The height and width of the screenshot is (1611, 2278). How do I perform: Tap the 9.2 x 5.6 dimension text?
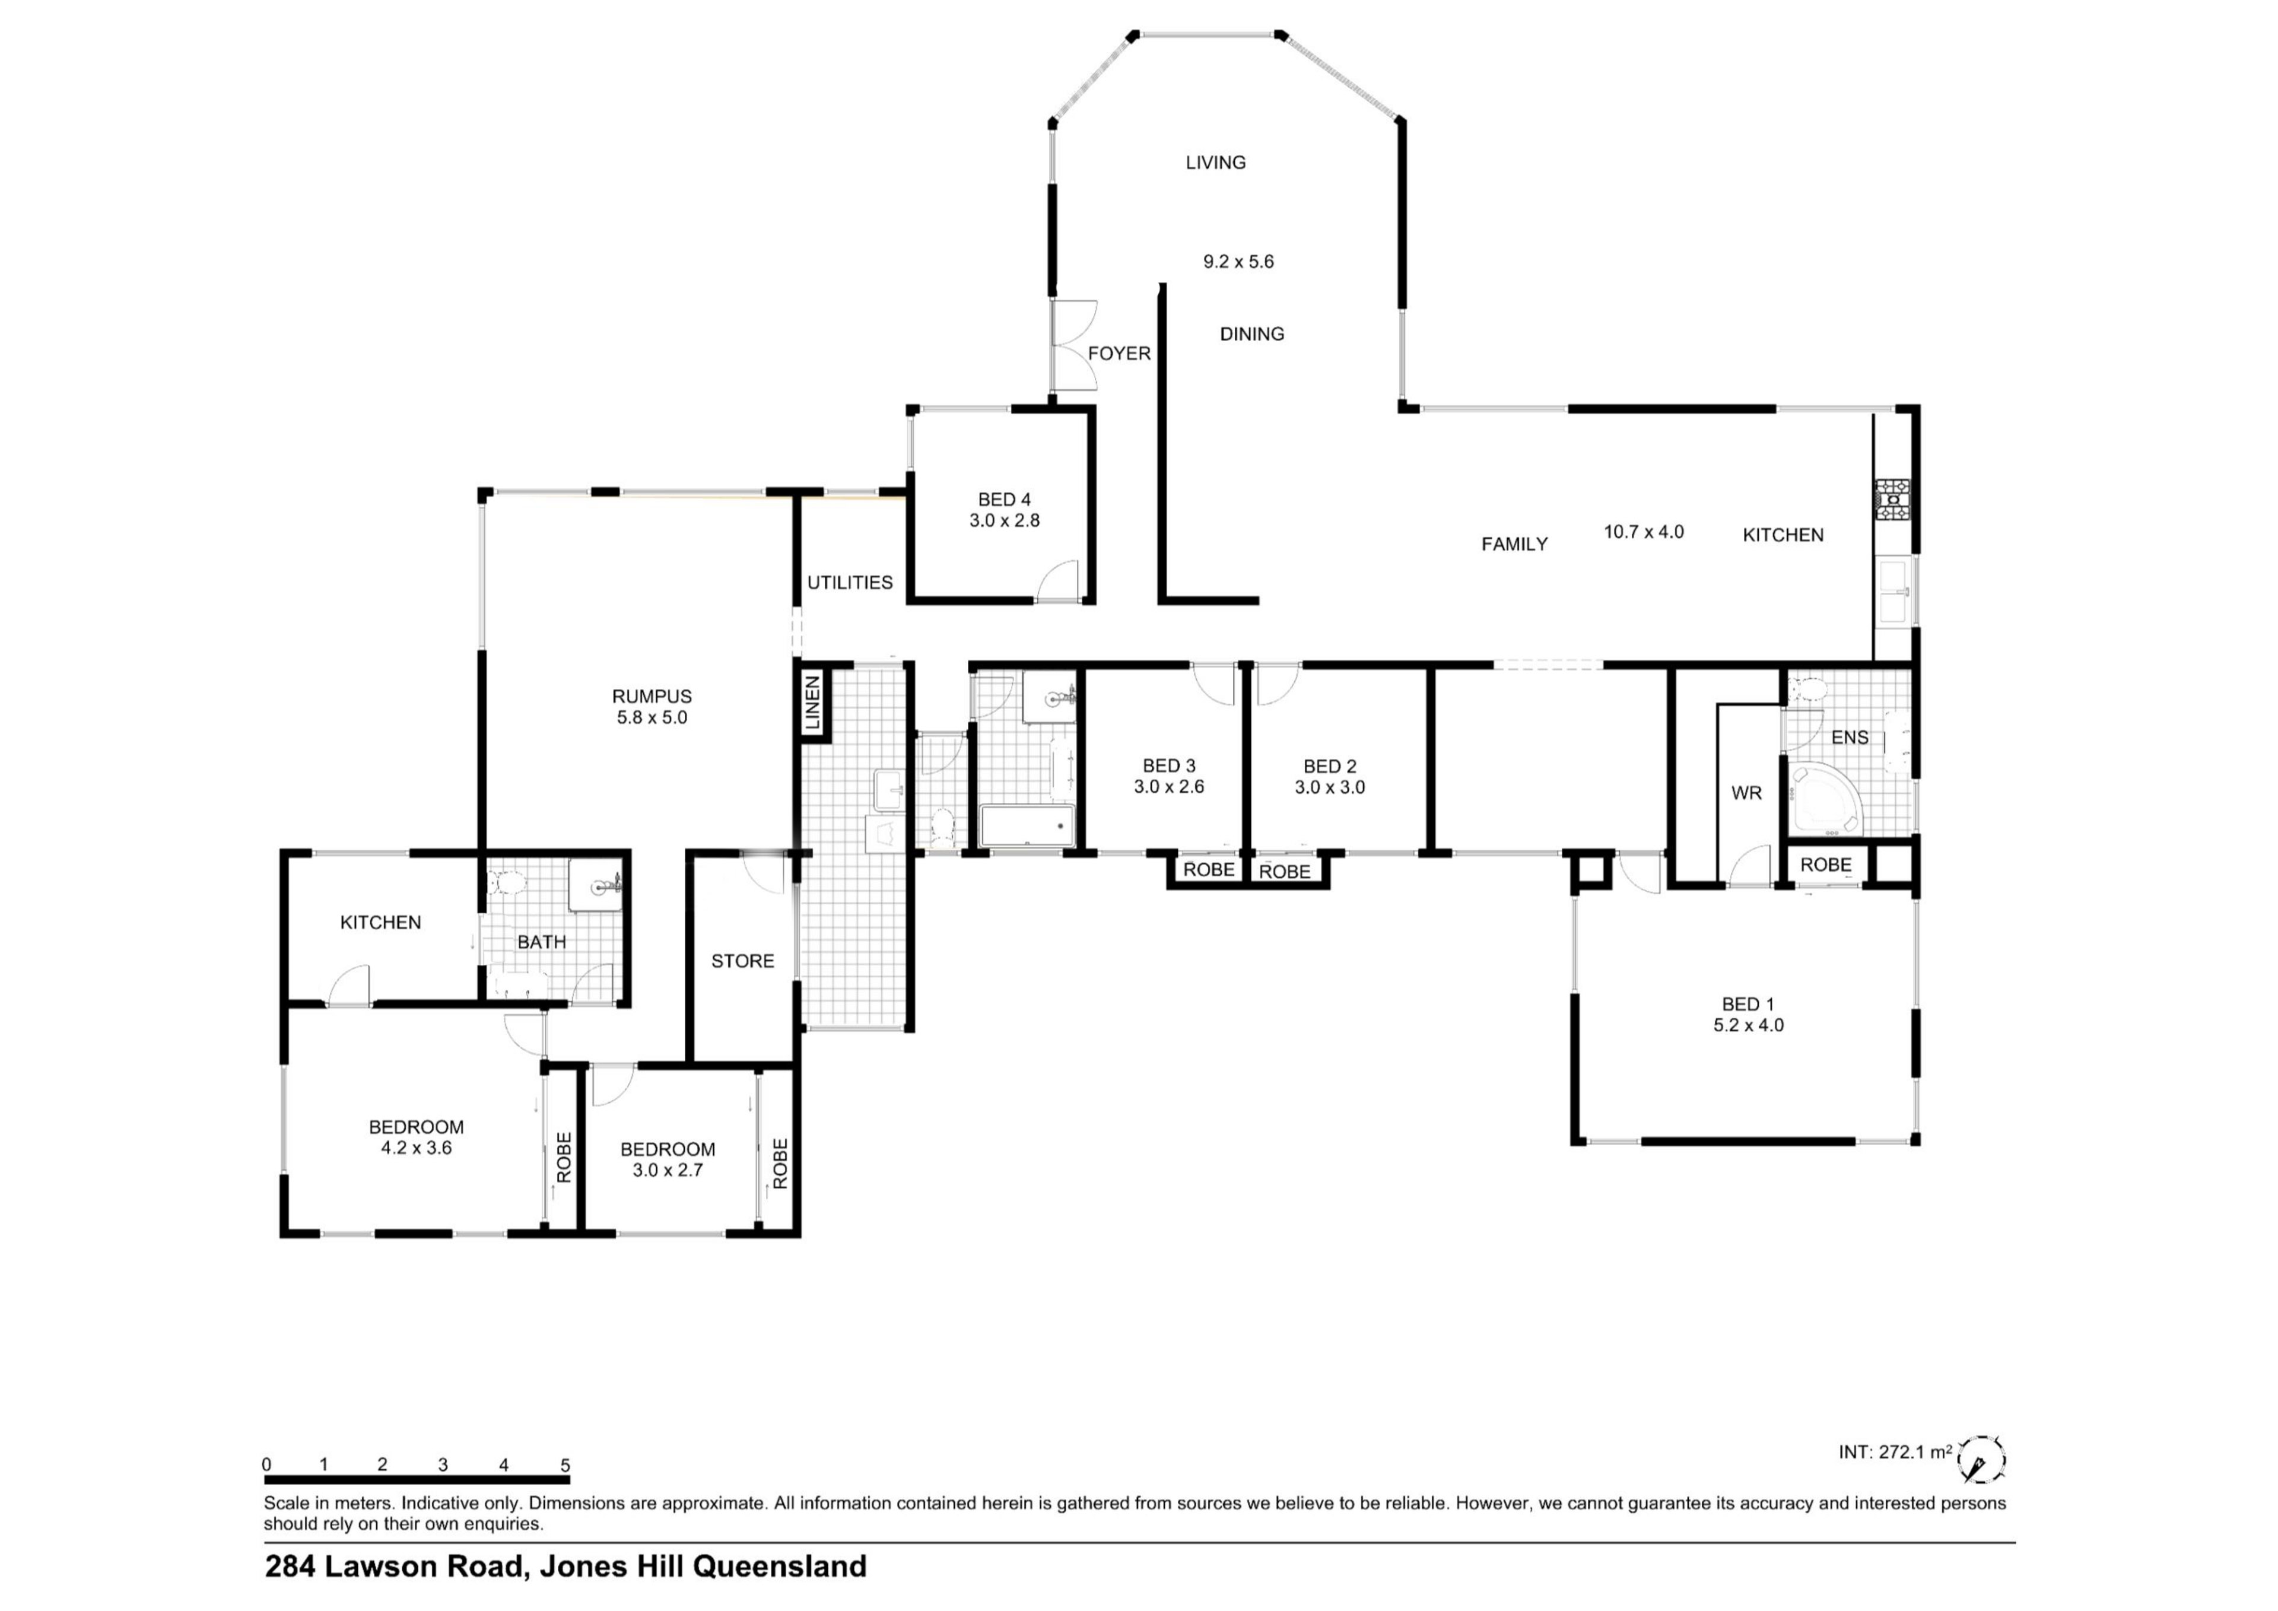pos(1238,262)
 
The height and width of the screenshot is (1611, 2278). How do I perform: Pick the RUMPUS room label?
pos(652,697)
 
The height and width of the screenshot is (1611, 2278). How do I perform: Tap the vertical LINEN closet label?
pos(814,703)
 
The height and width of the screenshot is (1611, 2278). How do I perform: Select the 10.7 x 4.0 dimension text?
pos(1644,532)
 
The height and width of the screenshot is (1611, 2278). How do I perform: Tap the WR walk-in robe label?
pos(1746,793)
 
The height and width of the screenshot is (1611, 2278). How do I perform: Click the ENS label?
pos(1850,737)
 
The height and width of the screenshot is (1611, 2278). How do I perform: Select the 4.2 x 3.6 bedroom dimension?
pos(416,1148)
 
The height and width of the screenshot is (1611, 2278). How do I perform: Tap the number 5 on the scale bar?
pos(565,1465)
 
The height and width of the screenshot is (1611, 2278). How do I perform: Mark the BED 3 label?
pos(1169,766)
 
